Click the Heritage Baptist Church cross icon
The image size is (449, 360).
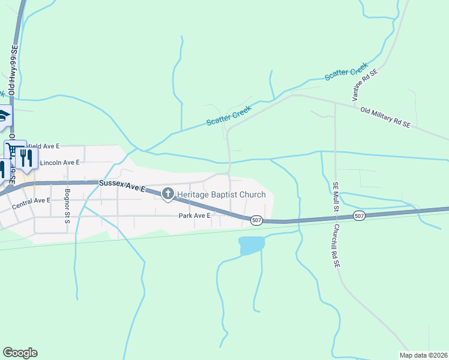pos(167,193)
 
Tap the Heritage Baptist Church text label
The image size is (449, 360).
pos(218,194)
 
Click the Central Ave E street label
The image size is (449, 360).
pos(31,201)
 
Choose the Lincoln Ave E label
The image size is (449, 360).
pos(59,163)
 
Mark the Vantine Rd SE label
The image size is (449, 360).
pos(365,85)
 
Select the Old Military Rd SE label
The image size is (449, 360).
pos(385,118)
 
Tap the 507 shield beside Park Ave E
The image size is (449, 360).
pos(256,220)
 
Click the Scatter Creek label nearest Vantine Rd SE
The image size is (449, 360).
pos(346,74)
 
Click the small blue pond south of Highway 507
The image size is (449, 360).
pos(252,245)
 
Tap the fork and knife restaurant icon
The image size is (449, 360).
pos(25,158)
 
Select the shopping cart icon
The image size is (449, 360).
pos(11,149)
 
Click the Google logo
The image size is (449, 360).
pos(20,352)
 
